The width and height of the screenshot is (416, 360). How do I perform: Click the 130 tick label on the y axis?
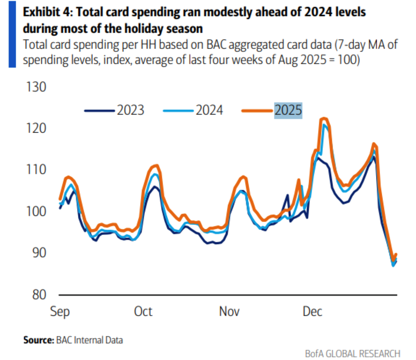point(36,87)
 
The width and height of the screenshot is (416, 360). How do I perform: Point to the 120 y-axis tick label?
point(36,128)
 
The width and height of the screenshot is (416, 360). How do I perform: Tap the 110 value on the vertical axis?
point(36,170)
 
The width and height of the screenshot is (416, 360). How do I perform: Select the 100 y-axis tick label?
point(36,211)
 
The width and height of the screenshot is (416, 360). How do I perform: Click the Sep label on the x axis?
point(60,312)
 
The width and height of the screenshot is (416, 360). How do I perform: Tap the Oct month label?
point(143,311)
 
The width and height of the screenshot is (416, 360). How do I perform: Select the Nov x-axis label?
point(229,311)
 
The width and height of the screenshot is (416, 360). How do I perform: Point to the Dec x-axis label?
point(313,311)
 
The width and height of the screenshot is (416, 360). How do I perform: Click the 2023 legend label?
point(130,110)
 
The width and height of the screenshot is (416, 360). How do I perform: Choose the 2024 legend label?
point(209,110)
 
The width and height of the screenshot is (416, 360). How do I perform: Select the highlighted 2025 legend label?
point(288,110)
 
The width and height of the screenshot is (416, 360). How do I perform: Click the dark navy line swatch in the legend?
point(99,111)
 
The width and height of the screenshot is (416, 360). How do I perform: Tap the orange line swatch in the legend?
point(257,111)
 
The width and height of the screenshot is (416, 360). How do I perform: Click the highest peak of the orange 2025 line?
point(324,119)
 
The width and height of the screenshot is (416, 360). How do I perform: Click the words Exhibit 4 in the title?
point(46,12)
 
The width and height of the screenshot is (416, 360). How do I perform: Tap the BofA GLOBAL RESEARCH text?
point(353,354)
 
